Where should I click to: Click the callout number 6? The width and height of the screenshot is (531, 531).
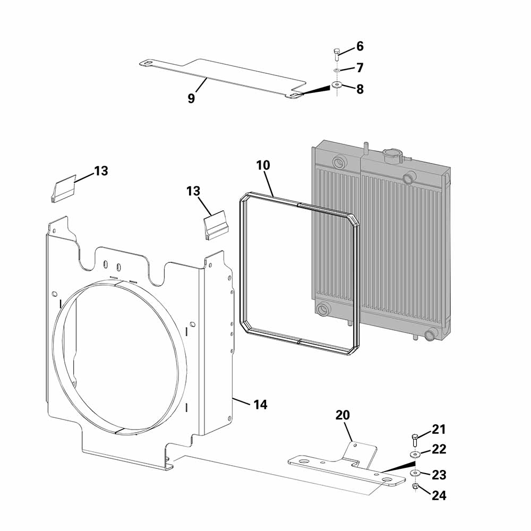[x=359, y=46]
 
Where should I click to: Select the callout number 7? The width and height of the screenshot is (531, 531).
[x=359, y=67]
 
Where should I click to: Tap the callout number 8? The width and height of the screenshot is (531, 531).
[x=359, y=89]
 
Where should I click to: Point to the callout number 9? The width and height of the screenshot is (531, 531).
[x=191, y=98]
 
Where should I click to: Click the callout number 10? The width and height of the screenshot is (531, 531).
[x=263, y=165]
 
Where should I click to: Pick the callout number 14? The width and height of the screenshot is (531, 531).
[x=260, y=405]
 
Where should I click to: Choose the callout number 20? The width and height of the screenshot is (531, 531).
[x=342, y=415]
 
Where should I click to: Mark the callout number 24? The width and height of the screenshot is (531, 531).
[x=439, y=496]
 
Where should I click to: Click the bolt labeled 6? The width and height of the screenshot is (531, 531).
[x=336, y=52]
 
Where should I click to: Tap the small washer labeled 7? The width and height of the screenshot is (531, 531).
[x=337, y=70]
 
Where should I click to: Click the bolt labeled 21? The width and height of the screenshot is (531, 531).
[x=415, y=439]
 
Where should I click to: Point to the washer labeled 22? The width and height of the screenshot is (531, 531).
[x=414, y=455]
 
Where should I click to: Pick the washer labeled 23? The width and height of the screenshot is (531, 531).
[x=414, y=473]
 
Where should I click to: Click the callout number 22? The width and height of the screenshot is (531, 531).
[x=439, y=449]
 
